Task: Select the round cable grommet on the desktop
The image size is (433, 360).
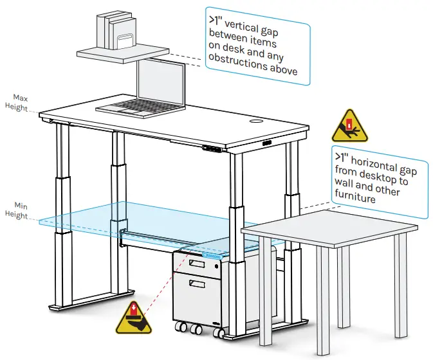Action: [255, 121]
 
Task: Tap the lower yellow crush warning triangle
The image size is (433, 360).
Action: [133, 317]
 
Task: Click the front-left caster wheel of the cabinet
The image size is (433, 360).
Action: [182, 328]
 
